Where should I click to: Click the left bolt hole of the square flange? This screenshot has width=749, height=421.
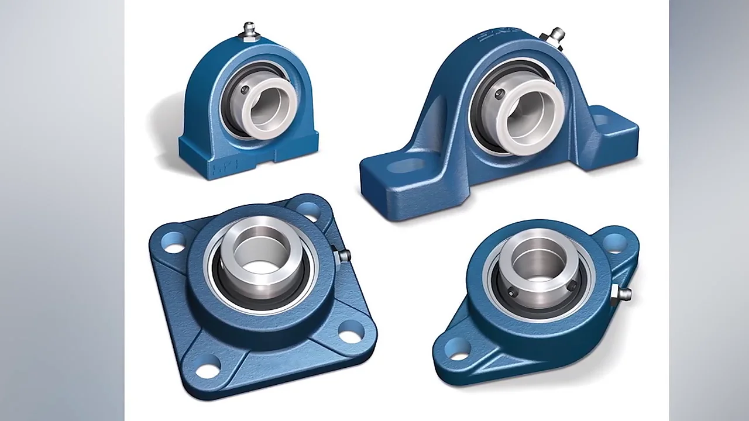[174, 242]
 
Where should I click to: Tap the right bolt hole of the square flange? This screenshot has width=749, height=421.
[351, 332]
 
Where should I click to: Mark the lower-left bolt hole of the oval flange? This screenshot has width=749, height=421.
[458, 348]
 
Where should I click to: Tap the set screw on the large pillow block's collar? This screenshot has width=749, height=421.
[499, 94]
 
